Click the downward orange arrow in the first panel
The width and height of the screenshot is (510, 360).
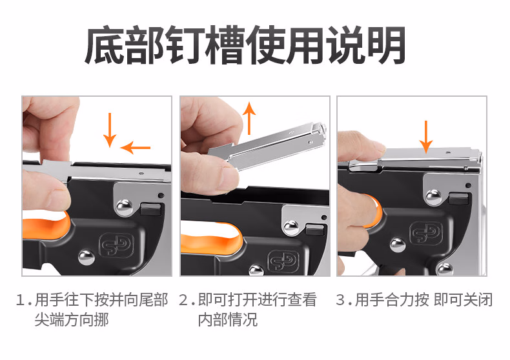pyautogui.click(x=110, y=130)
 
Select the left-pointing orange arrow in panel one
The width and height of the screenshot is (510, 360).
pyautogui.click(x=136, y=148)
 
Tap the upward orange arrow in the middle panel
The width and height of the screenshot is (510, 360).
pyautogui.click(x=249, y=118)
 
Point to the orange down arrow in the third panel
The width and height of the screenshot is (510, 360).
pyautogui.click(x=426, y=137)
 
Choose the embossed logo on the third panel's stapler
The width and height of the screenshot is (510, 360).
pyautogui.click(x=426, y=233)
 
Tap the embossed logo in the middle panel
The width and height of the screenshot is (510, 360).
pyautogui.click(x=283, y=261)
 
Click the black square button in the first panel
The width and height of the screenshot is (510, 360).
pyautogui.click(x=151, y=209)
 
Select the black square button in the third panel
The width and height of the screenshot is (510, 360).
pyautogui.click(x=458, y=198)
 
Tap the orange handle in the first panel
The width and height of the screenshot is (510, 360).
pyautogui.click(x=46, y=224)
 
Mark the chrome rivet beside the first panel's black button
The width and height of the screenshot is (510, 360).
pyautogui.click(x=125, y=208)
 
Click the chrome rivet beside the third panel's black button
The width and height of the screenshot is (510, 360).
pyautogui.click(x=434, y=197)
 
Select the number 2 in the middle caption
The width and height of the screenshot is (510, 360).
pyautogui.click(x=183, y=300)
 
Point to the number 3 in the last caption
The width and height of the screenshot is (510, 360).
pyautogui.click(x=340, y=300)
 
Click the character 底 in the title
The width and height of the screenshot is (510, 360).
pyautogui.click(x=105, y=45)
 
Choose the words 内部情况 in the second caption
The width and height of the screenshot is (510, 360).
pyautogui.click(x=228, y=319)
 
